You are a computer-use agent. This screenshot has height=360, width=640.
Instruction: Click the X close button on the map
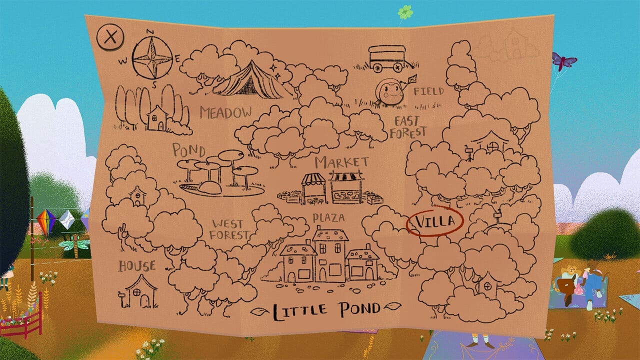click(110, 37)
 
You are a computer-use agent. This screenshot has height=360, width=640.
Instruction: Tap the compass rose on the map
click(152, 59)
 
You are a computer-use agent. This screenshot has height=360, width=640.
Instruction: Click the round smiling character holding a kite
click(390, 92)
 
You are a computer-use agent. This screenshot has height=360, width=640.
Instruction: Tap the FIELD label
click(428, 91)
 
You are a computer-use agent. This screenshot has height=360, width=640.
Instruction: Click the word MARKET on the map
click(342, 162)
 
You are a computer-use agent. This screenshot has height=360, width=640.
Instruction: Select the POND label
click(189, 149)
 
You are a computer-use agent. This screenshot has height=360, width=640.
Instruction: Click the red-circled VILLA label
click(434, 221)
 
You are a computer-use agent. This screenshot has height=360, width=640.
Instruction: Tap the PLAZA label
click(328, 218)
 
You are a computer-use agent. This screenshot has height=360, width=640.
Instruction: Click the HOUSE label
click(137, 266)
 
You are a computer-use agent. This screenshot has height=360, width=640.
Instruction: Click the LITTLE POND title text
click(326, 309)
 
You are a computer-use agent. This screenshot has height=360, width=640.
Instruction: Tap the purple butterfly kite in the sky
click(564, 61)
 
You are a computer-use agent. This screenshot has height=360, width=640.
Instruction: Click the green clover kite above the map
click(404, 11)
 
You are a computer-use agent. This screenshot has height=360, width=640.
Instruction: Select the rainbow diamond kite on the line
click(46, 221)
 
